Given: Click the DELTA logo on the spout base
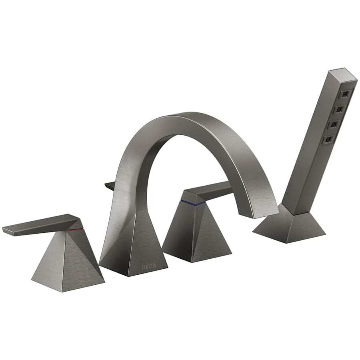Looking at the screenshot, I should point(148,266).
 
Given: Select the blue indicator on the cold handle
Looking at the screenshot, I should point(194,203).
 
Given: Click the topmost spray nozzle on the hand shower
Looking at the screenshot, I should point(343,95).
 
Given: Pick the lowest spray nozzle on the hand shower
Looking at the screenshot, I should point(329,139).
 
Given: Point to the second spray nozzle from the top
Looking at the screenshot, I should point(338,110).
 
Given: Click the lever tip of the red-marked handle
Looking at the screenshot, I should point(8,230).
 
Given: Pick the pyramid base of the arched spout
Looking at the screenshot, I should point(134,248).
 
